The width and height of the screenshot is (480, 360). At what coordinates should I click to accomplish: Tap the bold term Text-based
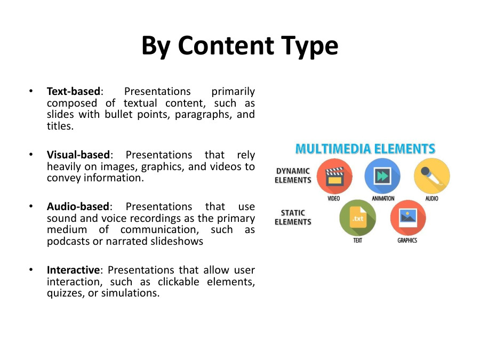point(73,92)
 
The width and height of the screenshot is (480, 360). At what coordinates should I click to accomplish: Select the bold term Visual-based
point(78,155)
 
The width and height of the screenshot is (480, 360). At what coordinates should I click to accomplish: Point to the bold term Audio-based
point(78,206)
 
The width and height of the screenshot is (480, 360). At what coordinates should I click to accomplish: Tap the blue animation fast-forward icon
point(382,177)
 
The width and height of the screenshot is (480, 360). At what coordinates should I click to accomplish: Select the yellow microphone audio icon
point(431,177)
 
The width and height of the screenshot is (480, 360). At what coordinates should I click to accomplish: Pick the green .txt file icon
point(357,218)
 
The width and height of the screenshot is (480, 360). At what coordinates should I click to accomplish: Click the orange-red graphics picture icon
point(408,218)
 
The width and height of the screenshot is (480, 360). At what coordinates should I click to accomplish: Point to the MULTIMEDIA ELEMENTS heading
point(365,149)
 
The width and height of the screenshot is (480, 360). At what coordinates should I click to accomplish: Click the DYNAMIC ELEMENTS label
point(293,175)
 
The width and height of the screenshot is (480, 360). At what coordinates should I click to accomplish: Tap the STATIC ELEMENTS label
point(293,217)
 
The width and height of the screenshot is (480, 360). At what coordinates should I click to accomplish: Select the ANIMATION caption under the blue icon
point(383,199)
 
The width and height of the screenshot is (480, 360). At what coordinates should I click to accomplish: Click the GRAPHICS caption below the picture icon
point(407,241)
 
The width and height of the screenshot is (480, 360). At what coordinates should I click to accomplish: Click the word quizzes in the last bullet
point(63,293)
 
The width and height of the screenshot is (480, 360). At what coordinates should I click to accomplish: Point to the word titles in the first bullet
point(60,126)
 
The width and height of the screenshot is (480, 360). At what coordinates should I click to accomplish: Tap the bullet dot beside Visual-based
point(31,155)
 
